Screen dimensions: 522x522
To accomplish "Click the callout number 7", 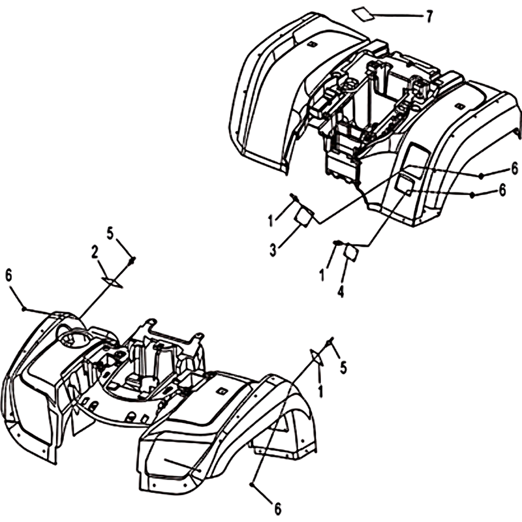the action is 429,16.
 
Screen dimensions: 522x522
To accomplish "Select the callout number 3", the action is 273,250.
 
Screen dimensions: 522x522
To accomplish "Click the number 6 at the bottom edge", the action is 277,508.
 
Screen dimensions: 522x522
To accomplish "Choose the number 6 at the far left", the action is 8,275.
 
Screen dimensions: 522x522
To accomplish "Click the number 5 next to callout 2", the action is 110,234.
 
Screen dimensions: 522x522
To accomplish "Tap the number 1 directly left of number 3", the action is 271,220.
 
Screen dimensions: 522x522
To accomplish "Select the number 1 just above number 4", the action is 322,275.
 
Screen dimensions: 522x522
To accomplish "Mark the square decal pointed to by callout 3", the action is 304,217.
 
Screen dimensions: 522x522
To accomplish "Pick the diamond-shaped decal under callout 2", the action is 112,283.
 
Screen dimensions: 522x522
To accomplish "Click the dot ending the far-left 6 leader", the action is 24,309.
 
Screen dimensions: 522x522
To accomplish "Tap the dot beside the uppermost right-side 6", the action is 481,176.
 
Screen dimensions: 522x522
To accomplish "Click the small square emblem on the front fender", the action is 221,391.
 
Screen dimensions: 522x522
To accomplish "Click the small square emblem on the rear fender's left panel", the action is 312,44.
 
